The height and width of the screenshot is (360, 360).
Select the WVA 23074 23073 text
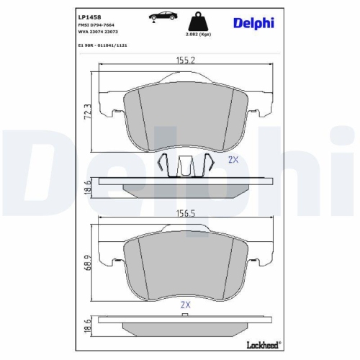point(101,33)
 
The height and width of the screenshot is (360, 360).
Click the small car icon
point(163,17)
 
